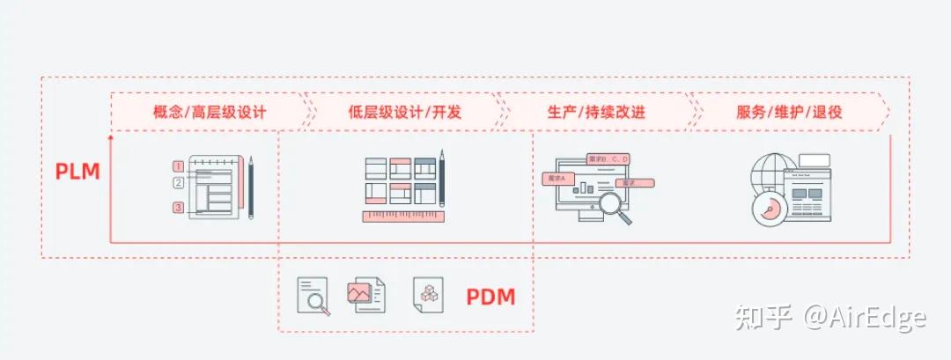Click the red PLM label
point(77,172)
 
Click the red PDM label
point(490,298)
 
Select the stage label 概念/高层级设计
point(210,113)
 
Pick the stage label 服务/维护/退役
point(789,113)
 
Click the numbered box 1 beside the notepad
point(178,165)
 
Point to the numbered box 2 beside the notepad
point(178,183)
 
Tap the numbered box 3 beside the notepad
point(178,208)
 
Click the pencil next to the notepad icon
point(251,187)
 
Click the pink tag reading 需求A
point(557,178)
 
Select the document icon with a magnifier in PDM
point(312,297)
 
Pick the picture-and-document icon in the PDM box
point(365,294)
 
